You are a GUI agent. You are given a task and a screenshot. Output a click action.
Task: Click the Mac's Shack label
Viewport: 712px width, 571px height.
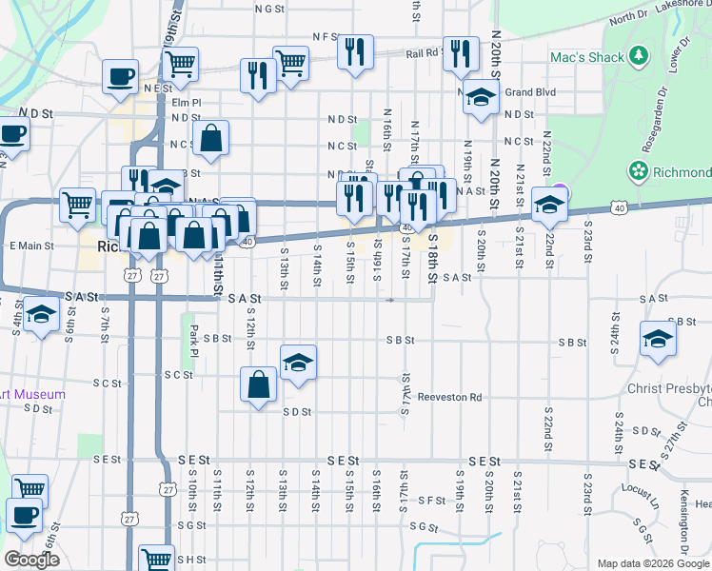tap(586, 57)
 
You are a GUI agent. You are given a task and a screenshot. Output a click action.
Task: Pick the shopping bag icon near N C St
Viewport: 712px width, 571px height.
tap(211, 139)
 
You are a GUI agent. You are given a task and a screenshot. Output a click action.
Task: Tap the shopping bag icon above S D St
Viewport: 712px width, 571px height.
tap(258, 385)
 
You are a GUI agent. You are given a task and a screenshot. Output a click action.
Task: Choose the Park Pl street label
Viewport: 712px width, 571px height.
tap(194, 336)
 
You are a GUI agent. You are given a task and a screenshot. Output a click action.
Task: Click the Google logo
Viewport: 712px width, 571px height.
tap(31, 560)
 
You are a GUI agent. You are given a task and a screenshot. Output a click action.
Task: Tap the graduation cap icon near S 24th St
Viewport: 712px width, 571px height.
tap(658, 340)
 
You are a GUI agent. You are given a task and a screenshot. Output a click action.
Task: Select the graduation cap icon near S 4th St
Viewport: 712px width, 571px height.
tap(41, 315)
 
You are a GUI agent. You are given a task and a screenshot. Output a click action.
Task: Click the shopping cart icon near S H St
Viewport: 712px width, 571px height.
tap(157, 559)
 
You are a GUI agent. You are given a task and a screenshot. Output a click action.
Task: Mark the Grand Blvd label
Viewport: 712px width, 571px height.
tap(530, 93)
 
